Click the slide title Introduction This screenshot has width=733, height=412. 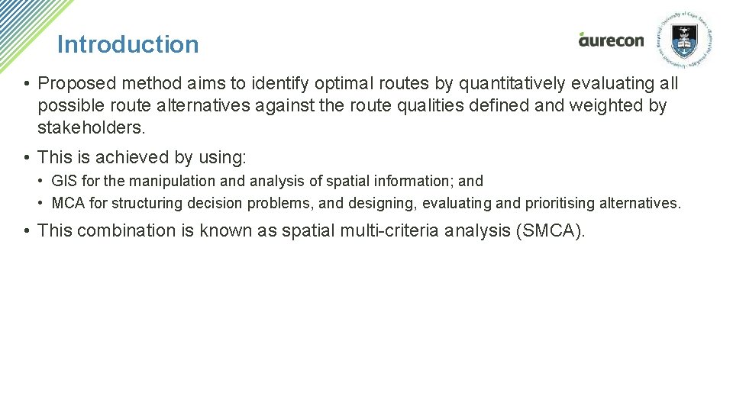click(128, 44)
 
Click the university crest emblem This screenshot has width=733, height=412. click(684, 39)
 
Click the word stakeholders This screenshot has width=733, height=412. click(91, 126)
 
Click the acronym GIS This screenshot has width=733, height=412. click(63, 182)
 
